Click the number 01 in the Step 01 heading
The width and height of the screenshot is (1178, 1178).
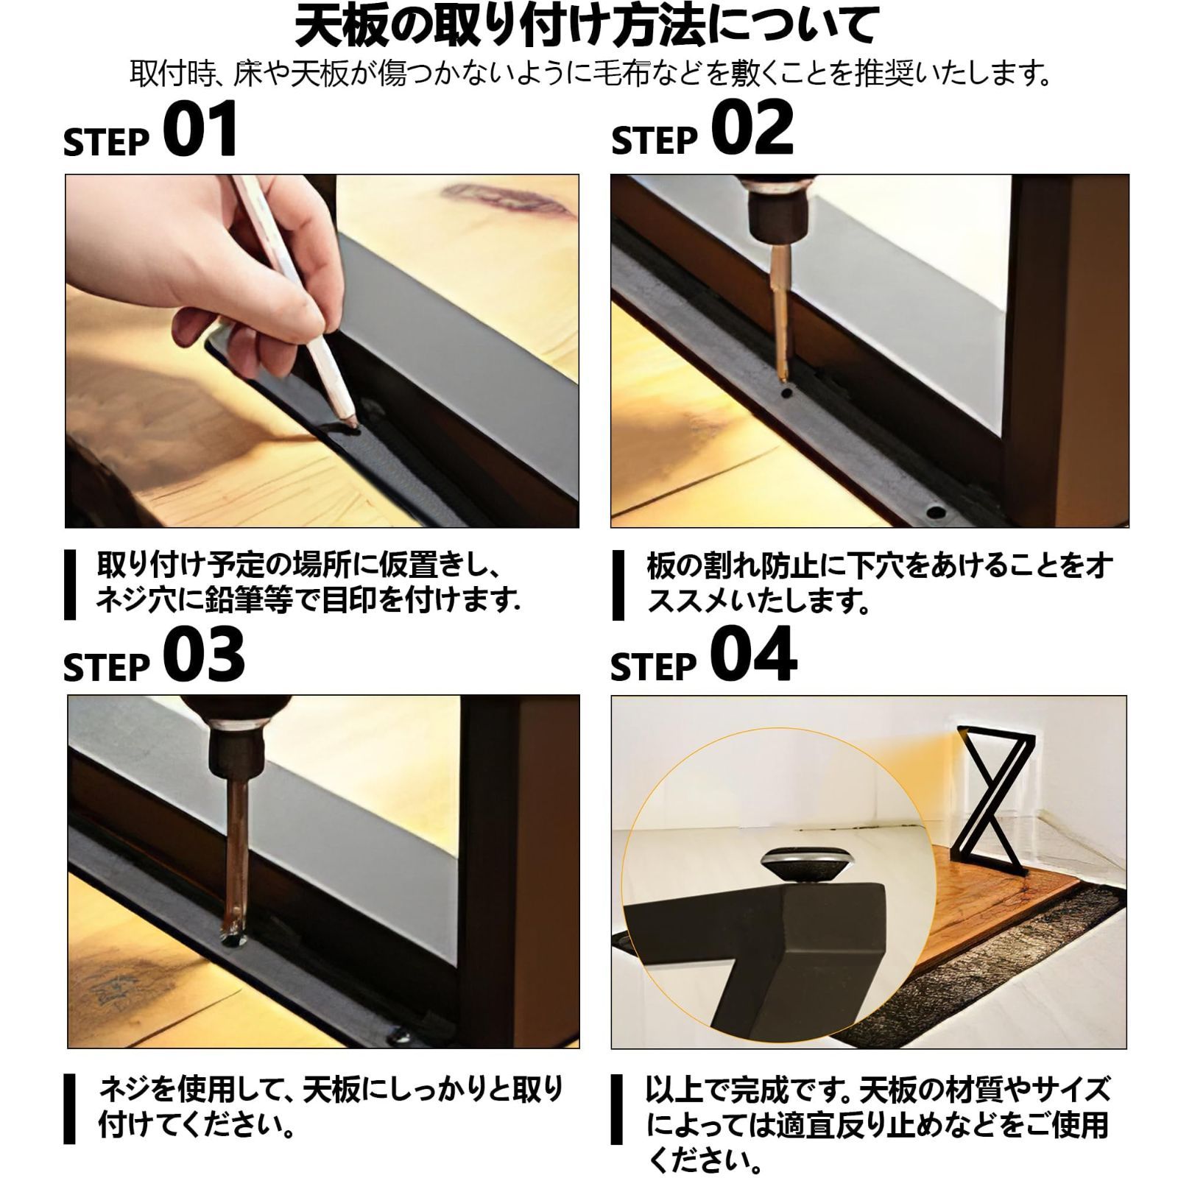pyautogui.click(x=200, y=130)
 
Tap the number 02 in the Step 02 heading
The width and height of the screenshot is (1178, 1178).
pyautogui.click(x=752, y=130)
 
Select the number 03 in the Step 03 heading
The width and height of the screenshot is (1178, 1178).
pyautogui.click(x=204, y=654)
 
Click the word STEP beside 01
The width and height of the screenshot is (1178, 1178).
pyautogui.click(x=107, y=142)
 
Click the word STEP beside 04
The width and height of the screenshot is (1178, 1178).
pyautogui.click(x=654, y=666)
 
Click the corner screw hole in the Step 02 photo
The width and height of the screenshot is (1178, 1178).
pyautogui.click(x=936, y=510)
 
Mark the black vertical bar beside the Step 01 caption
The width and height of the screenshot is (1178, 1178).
pyautogui.click(x=70, y=585)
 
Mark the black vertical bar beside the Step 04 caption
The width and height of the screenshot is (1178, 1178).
pyautogui.click(x=617, y=1110)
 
